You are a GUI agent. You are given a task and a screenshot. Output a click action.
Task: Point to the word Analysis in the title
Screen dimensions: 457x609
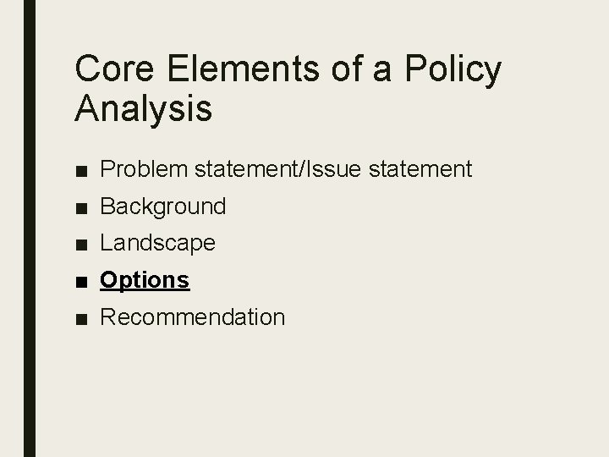144,109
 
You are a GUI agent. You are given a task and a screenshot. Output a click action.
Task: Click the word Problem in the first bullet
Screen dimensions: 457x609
145,169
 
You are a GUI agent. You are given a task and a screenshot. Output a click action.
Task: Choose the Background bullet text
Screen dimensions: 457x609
162,206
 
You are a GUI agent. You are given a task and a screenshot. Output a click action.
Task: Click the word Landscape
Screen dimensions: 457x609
157,244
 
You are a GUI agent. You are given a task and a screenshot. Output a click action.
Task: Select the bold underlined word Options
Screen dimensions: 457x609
145,280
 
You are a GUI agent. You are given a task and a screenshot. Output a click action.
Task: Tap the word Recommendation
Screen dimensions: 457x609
192,317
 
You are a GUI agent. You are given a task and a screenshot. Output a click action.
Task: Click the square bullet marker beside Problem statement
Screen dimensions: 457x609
80,170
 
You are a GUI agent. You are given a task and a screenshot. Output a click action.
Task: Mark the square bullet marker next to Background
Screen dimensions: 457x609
80,207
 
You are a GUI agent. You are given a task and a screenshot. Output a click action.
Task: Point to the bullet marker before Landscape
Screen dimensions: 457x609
80,245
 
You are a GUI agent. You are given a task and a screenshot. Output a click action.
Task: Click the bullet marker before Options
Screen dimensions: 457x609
80,281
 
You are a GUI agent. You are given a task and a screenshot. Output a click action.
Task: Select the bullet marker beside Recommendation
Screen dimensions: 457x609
80,318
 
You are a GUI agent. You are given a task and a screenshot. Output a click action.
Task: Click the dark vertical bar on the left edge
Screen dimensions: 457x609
29,228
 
